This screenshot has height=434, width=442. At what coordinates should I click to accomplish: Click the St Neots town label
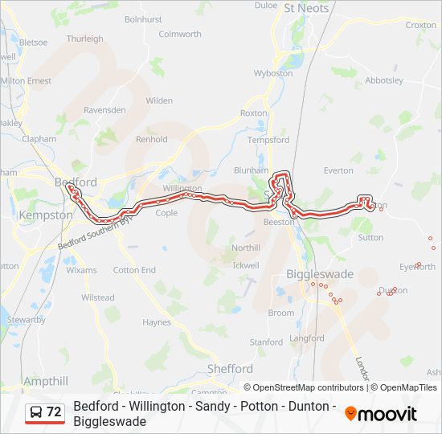(x=307, y=8)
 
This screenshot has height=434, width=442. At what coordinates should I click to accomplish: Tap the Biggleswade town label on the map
(x=320, y=274)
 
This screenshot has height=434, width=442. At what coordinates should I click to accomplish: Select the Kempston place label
(x=45, y=215)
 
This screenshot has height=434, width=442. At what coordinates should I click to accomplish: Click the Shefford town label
(x=230, y=369)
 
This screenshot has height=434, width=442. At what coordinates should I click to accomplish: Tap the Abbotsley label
(x=384, y=80)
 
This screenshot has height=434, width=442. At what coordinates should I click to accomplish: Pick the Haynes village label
(x=157, y=322)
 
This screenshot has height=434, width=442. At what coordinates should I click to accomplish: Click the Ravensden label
(x=104, y=109)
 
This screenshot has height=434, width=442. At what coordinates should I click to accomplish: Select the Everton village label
(x=338, y=170)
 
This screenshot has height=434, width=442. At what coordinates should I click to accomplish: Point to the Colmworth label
(x=180, y=34)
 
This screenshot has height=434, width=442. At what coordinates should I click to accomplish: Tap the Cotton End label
(x=134, y=270)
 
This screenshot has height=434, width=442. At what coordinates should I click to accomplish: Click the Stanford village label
(x=266, y=342)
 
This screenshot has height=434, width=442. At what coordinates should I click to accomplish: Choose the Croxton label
(x=421, y=25)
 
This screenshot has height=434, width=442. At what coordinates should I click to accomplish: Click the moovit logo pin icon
(x=351, y=414)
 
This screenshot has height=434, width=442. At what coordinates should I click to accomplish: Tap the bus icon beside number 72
(x=36, y=413)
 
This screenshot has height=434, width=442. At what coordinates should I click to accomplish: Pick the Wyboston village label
(x=273, y=73)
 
